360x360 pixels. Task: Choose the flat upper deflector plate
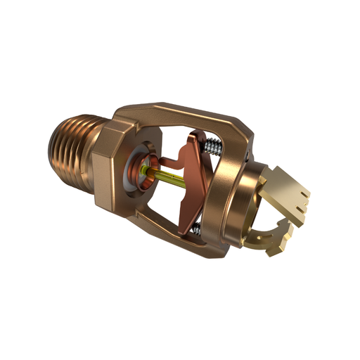[289, 190]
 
